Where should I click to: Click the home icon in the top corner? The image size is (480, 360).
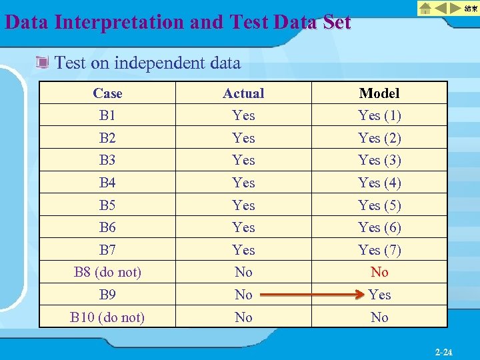click(425, 9)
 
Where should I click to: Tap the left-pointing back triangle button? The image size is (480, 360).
click(441, 9)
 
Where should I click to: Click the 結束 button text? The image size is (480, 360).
click(470, 9)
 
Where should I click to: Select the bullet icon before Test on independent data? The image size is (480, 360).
click(43, 63)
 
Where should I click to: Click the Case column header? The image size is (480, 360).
click(107, 93)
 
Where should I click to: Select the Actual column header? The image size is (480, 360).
click(243, 93)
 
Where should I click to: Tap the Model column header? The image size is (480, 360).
click(379, 93)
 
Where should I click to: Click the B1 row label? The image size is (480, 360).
click(107, 115)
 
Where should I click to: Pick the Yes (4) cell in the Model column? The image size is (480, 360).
click(379, 183)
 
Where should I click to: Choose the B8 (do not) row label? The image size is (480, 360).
click(107, 272)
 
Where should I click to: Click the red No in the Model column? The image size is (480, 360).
click(379, 272)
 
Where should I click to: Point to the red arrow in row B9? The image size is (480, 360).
click(313, 295)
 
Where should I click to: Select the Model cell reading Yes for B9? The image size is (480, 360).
click(379, 295)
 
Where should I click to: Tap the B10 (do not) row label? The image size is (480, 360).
click(107, 317)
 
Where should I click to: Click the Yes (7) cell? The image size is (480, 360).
click(379, 250)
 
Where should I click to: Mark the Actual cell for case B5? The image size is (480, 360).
click(243, 205)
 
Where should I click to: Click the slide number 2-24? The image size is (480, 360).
click(443, 351)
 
